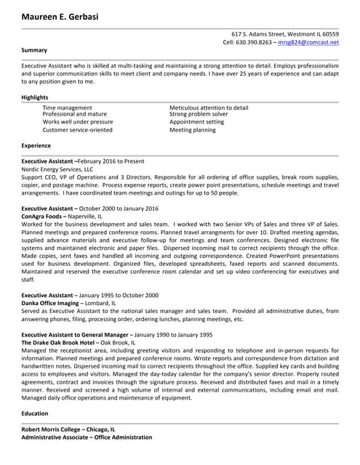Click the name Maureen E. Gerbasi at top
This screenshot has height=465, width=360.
click(61, 16)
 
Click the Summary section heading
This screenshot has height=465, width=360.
click(34, 50)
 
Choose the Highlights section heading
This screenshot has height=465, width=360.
click(36, 97)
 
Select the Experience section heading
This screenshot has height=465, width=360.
click(36, 145)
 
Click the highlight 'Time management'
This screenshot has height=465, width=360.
click(67, 108)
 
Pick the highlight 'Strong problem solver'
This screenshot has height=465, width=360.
click(199, 114)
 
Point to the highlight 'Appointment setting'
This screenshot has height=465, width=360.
click(196, 122)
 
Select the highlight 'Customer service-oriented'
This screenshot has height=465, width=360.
click(77, 130)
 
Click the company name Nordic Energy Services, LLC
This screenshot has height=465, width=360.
click(63, 169)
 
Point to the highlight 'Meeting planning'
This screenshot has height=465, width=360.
click(192, 130)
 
